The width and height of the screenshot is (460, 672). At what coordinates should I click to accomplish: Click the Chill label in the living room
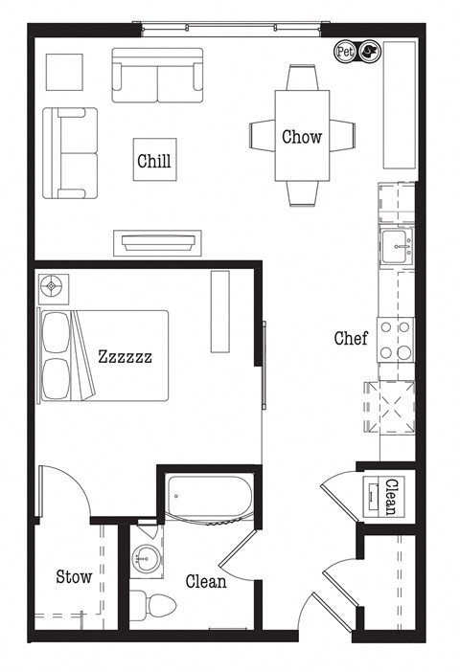point(154,161)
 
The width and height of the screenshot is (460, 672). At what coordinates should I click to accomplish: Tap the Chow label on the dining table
point(301,137)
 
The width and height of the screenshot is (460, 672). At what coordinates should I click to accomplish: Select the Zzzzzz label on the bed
point(125,357)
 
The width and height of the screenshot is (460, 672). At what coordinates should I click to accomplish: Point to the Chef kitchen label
point(350,338)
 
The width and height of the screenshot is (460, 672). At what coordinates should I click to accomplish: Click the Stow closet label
point(74,576)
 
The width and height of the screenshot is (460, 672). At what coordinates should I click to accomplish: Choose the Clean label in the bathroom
point(206,581)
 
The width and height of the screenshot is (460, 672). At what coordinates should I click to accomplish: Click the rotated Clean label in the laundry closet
point(389,497)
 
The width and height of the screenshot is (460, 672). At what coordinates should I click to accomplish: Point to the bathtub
point(208,498)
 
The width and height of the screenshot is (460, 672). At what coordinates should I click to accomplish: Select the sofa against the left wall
point(70,153)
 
